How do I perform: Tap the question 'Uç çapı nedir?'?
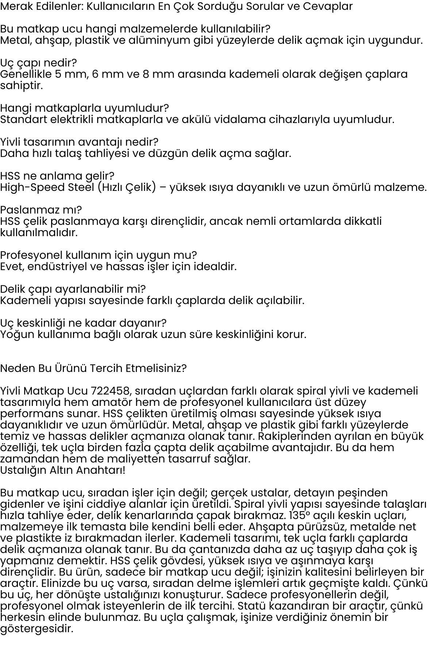38,63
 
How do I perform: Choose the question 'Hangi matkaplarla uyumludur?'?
84,108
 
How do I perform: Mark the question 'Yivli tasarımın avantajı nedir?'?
79,142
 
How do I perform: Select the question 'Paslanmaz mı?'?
41,210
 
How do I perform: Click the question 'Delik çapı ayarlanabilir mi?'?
73,289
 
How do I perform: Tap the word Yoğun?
16,334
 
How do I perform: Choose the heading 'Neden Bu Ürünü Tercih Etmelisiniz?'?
93,368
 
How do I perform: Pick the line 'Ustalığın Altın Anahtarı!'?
62,470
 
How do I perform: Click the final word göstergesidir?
36,629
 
